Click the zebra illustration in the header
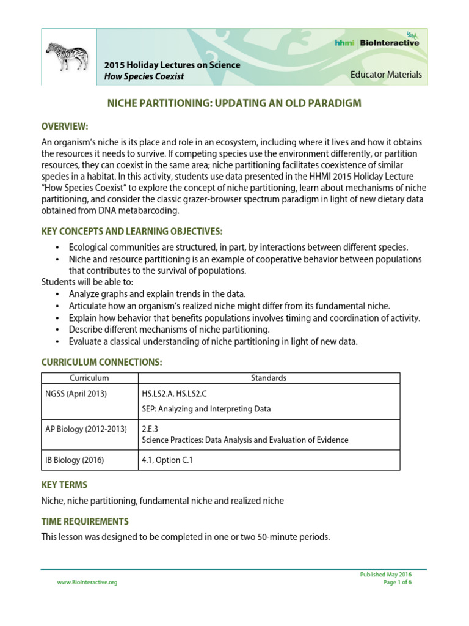pos(67,57)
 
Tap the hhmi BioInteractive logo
pos(377,42)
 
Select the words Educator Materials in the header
pos(385,75)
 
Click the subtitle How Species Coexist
pos(144,76)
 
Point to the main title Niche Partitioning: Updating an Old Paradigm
pos(234,103)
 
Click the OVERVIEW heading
pos(65,127)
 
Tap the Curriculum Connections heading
pos(101,363)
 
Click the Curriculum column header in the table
pos(89,378)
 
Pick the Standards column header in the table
pos(269,378)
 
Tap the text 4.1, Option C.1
pos(167,460)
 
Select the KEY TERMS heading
pos(64,485)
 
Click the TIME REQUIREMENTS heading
pos(85,521)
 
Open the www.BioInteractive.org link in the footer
pos(87,583)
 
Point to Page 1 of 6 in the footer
pos(398,583)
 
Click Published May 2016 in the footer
pos(387,575)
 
